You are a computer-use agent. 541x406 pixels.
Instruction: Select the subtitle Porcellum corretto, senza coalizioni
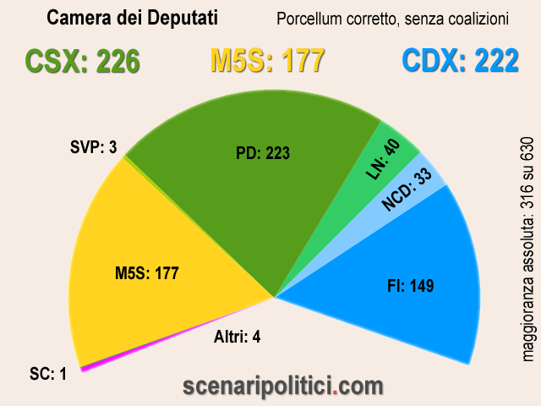coord(392,18)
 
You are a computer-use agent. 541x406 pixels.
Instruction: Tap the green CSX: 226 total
coord(82,62)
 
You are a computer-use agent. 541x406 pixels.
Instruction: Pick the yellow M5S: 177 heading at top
coord(267,62)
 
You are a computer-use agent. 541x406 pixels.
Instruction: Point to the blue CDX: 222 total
coord(460,62)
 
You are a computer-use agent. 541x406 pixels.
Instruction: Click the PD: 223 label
coord(263,153)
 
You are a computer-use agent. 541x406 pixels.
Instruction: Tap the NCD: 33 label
coord(407,188)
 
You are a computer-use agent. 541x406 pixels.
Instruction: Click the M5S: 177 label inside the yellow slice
coord(147,273)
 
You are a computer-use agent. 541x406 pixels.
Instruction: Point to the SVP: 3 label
coord(93,148)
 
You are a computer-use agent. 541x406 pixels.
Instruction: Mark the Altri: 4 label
coord(236,337)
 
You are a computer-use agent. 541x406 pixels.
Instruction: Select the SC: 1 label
coord(46,373)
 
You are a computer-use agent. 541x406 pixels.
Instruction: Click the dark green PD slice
coord(254,195)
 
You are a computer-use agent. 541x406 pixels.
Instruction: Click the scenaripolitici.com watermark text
coord(283,387)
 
